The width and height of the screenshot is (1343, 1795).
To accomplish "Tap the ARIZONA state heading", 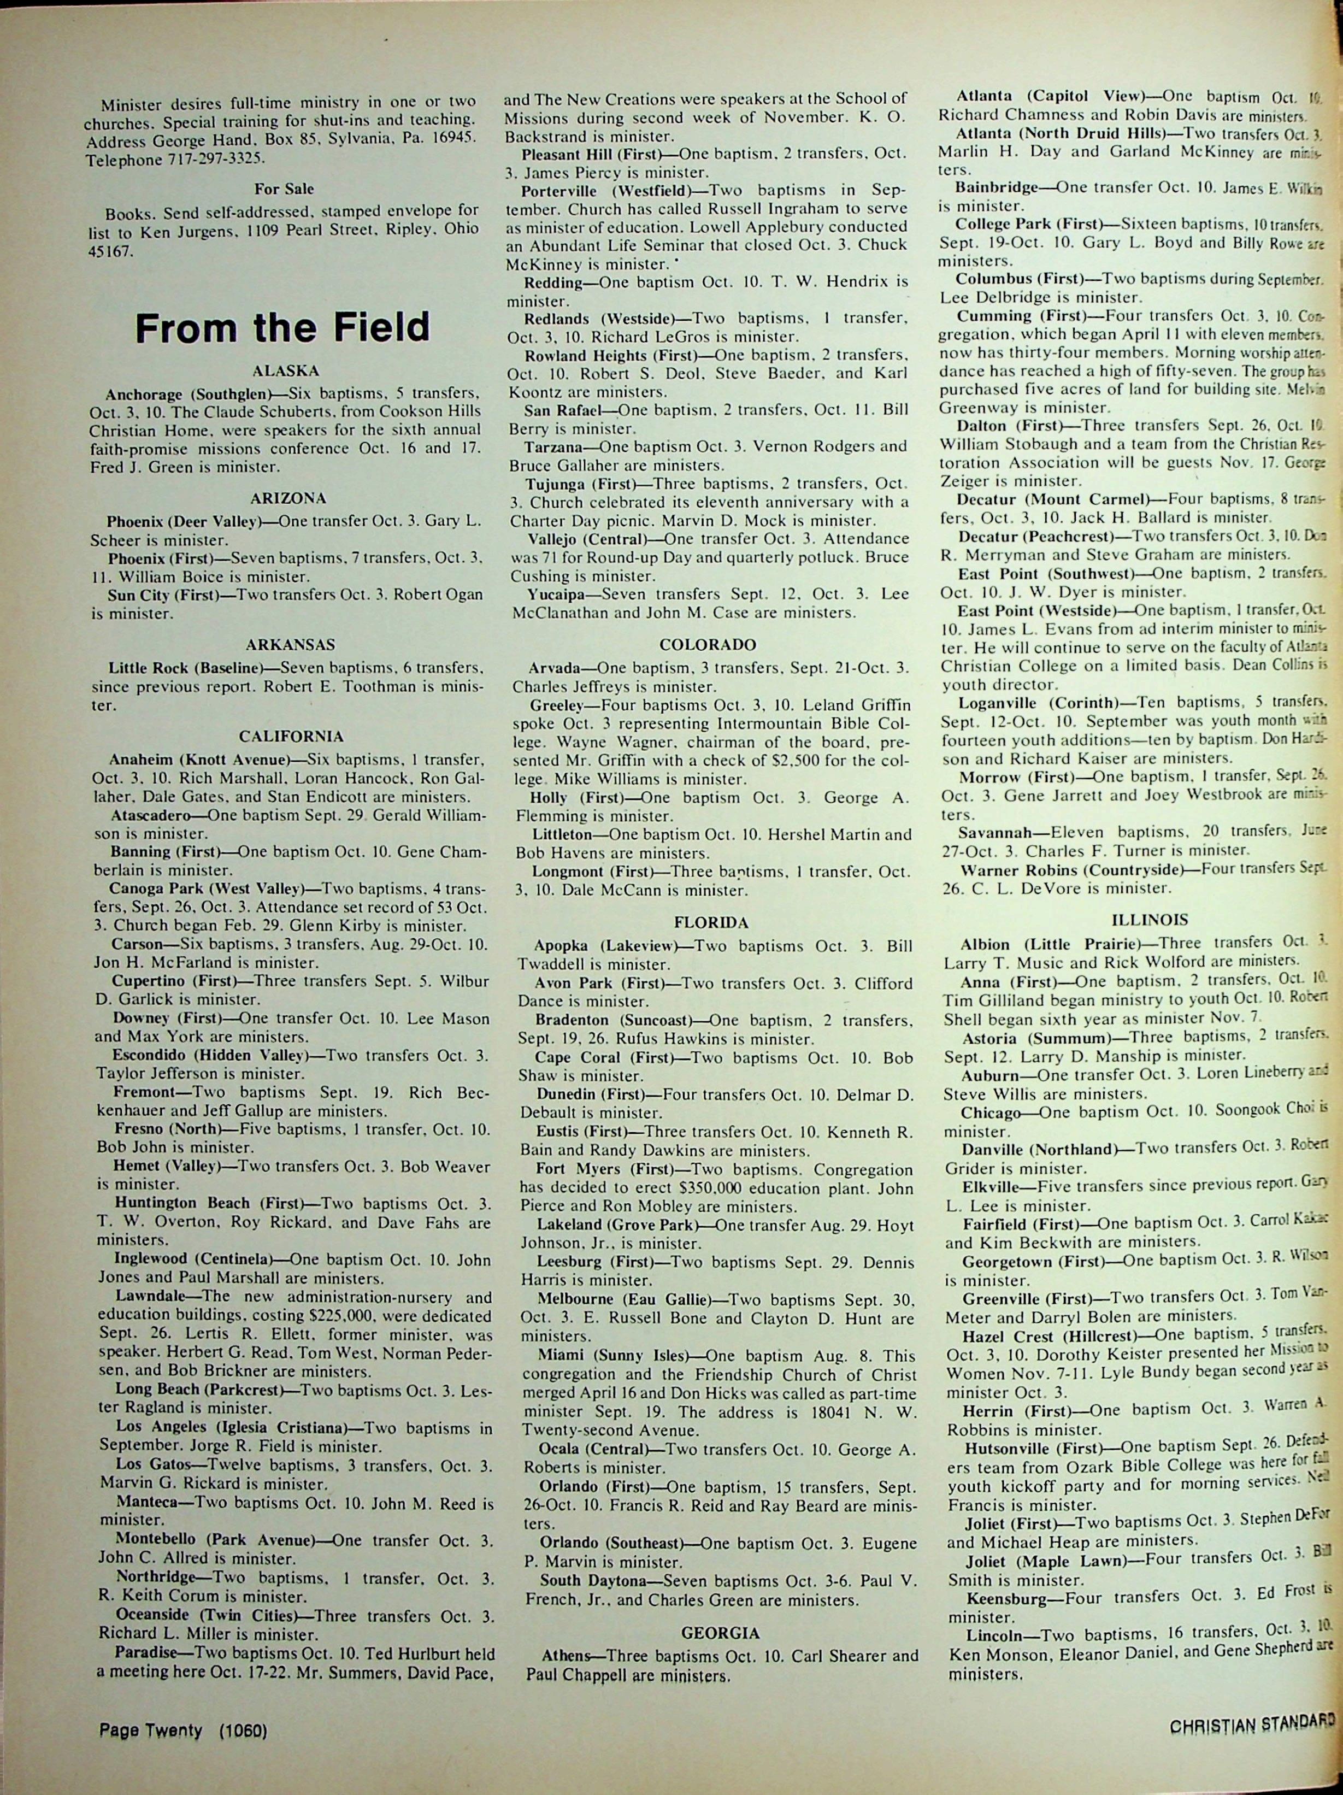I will pyautogui.click(x=288, y=499).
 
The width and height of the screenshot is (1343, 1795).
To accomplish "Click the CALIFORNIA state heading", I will pyautogui.click(x=291, y=737).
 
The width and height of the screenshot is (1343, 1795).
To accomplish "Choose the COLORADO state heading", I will pyautogui.click(x=708, y=646).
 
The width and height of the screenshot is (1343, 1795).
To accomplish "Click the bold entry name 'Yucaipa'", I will pyautogui.click(x=556, y=595).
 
